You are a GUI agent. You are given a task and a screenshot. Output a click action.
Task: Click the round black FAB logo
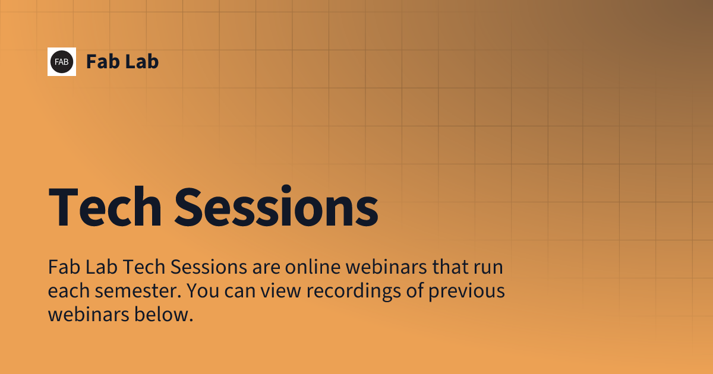coord(62,62)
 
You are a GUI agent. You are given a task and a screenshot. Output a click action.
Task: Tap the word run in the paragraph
coord(488,268)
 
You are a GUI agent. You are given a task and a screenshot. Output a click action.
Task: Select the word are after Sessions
coord(265,268)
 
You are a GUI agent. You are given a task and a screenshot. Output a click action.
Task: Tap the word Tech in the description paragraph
coord(146,268)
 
